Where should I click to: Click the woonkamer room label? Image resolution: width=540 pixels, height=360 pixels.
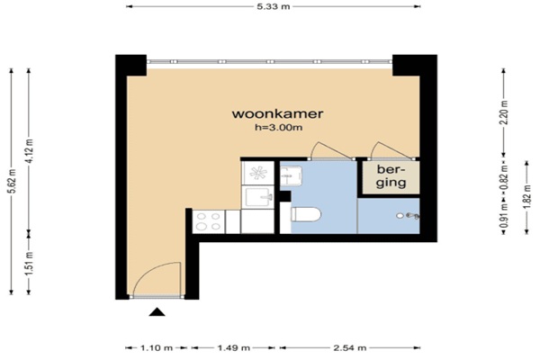277,113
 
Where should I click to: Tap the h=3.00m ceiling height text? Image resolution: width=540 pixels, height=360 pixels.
279,128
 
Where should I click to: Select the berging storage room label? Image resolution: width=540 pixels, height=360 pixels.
391,175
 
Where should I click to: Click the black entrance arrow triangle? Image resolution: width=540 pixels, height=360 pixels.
157,311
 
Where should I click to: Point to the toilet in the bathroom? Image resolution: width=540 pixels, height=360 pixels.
306,214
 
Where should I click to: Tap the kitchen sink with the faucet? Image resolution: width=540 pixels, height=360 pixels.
258,197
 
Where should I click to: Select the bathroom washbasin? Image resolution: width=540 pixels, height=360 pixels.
291,175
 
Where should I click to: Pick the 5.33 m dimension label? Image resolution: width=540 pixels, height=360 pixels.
274,6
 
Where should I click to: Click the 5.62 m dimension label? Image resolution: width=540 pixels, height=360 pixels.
12,181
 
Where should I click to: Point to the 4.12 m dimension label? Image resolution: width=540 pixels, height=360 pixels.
29,151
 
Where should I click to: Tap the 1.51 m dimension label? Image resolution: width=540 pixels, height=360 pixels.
29,264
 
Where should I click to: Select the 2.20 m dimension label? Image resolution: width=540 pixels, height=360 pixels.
504,112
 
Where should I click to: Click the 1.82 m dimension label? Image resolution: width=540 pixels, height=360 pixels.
526,197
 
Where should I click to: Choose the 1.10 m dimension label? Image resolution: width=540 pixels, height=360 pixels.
157,348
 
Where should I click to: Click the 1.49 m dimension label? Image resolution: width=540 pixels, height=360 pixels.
234,348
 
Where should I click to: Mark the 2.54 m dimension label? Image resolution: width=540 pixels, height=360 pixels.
350,348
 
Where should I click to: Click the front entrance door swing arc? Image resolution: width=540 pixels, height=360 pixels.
148,271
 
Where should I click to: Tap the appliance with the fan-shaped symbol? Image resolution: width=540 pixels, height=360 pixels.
258,173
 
